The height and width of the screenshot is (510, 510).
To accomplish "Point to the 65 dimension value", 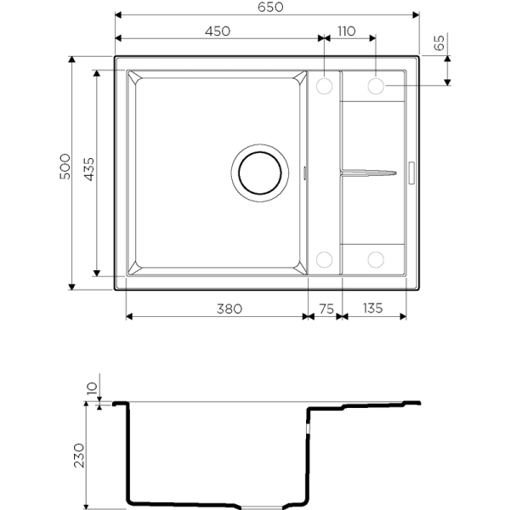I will pos(439,44).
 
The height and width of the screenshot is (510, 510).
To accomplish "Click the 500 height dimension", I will pos(65,172).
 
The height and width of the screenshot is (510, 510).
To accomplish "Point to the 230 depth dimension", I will pos(79,455).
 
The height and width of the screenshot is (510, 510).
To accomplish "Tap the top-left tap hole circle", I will pos(324,86).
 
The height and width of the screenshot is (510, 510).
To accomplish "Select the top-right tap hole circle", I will pos(377,86).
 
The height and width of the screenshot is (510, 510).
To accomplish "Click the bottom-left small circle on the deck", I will pos(324,258).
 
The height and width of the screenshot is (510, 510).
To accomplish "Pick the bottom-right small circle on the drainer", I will pos(377,258).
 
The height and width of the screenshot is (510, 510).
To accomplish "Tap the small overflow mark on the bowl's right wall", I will pos(306,173).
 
